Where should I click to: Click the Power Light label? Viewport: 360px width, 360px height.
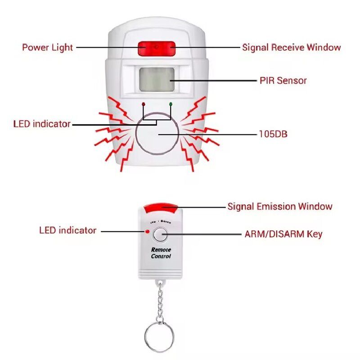(47, 47)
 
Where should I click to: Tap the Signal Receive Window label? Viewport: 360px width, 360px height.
(291, 47)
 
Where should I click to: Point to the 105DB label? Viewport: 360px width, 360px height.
(274, 134)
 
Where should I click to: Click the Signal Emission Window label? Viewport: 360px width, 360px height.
(279, 207)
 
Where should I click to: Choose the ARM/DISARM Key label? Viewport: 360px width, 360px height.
(283, 234)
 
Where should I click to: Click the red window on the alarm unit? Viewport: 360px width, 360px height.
(156, 47)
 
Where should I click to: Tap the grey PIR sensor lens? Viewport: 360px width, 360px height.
(157, 79)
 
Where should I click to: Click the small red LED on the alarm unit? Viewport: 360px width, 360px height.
(144, 104)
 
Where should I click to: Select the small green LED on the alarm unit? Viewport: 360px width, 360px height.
(171, 104)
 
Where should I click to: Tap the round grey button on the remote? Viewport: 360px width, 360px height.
(160, 234)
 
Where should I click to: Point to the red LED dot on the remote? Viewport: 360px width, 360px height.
(147, 232)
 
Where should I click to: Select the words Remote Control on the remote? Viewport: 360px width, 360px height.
(161, 253)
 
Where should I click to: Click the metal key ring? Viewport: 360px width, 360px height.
(158, 335)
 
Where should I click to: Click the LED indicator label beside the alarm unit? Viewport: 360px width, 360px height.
(42, 124)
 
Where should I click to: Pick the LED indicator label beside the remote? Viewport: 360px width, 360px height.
(67, 230)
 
